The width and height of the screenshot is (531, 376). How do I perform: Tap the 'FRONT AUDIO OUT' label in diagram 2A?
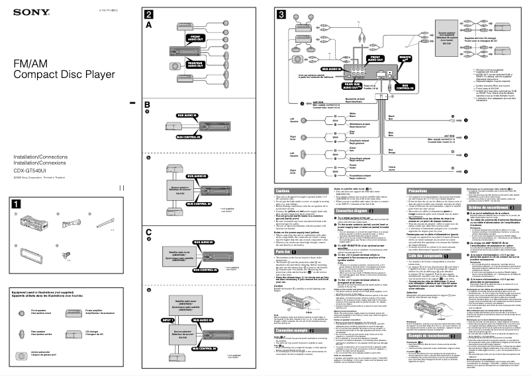195,38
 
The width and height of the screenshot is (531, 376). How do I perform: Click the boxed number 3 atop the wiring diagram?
281,15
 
